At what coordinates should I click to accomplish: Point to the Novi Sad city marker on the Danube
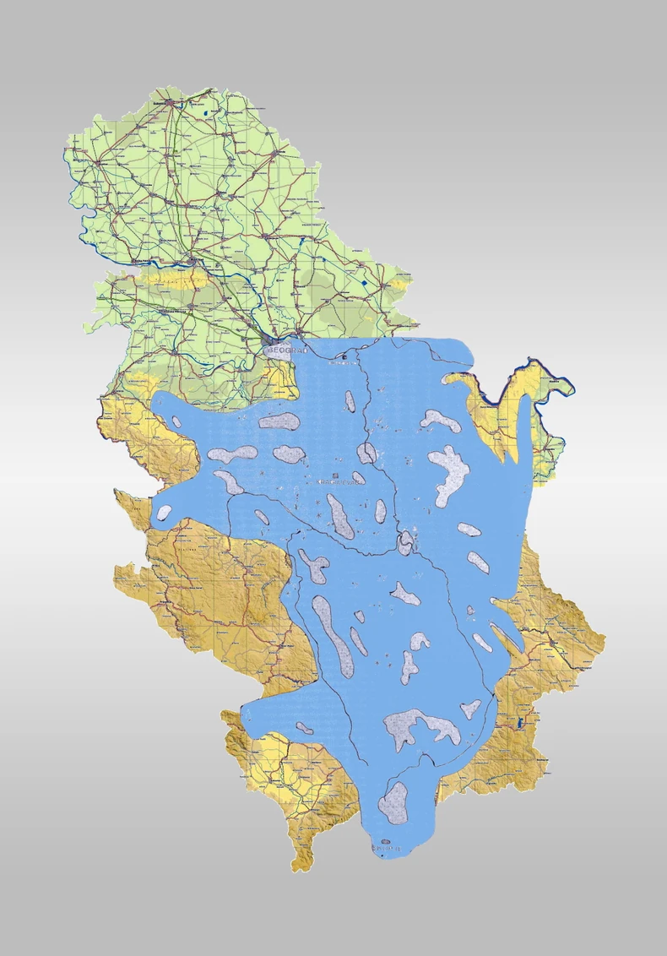pyautogui.click(x=193, y=263)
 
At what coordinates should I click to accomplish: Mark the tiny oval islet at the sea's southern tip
pyautogui.click(x=386, y=842)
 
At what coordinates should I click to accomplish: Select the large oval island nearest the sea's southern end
pyautogui.click(x=393, y=801)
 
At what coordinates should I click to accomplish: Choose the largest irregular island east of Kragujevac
pyautogui.click(x=449, y=473)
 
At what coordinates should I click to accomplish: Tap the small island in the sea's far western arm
pyautogui.click(x=164, y=511)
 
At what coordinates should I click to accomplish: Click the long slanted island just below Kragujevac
pyautogui.click(x=340, y=516)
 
